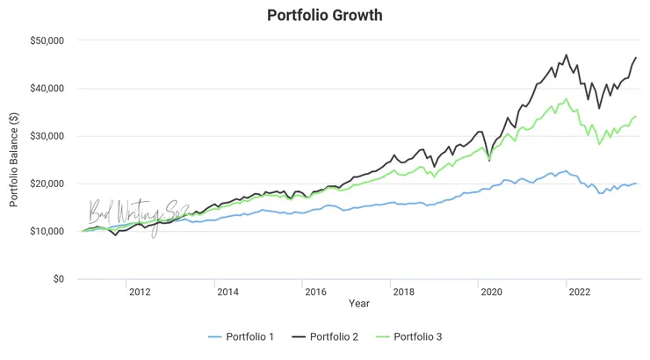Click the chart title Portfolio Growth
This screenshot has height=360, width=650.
click(x=324, y=16)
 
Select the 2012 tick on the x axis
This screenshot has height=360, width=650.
click(x=139, y=292)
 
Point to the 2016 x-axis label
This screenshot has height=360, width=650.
click(x=314, y=292)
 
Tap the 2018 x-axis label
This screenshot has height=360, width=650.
click(x=402, y=292)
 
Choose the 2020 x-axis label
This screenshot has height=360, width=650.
click(x=490, y=292)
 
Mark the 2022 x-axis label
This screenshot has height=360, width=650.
click(x=578, y=292)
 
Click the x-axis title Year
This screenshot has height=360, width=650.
click(x=358, y=304)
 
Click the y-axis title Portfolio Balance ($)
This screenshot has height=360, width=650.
click(x=14, y=159)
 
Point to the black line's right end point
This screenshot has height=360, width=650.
click(x=636, y=58)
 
